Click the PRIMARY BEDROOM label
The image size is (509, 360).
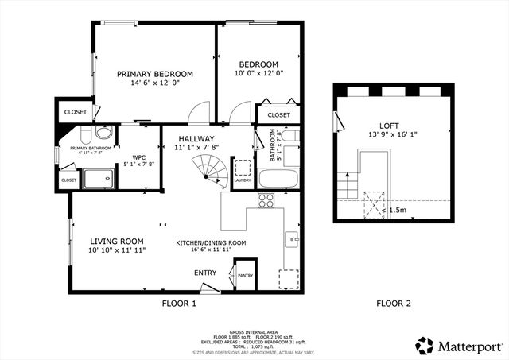coord(155,74)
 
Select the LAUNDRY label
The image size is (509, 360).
coord(243,180)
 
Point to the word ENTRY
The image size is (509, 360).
coord(205,273)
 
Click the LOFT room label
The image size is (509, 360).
coord(389,126)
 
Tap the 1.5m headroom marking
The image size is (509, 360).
coord(399,211)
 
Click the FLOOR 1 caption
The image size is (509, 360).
coord(179,303)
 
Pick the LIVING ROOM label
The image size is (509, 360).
coord(116,242)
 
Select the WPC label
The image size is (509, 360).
coord(139,157)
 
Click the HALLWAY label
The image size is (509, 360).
coord(196,138)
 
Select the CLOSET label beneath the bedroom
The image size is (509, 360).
coord(278,115)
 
